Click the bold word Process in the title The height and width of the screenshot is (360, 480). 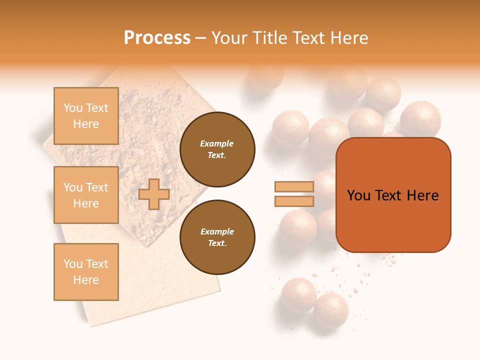click(157, 38)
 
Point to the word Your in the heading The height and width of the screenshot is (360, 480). click(230, 38)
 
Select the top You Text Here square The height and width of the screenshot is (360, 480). click(86, 116)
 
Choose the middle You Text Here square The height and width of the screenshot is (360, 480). click(86, 195)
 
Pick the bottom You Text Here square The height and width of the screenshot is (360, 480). click(86, 271)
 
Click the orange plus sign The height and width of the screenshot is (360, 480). click(154, 194)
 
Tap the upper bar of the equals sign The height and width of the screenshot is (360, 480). click(294, 186)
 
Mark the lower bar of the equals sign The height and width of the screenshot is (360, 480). click(294, 201)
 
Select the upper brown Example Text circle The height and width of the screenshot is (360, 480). click(217, 149)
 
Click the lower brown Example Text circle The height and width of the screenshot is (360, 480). click(217, 237)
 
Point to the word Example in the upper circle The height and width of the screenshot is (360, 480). click(217, 143)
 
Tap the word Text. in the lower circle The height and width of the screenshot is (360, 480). click(217, 243)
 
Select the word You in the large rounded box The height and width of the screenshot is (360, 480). click(358, 195)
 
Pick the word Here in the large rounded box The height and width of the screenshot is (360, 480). click(422, 195)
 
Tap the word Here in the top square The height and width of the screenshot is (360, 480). click(86, 124)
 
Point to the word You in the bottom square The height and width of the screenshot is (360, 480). click(73, 264)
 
